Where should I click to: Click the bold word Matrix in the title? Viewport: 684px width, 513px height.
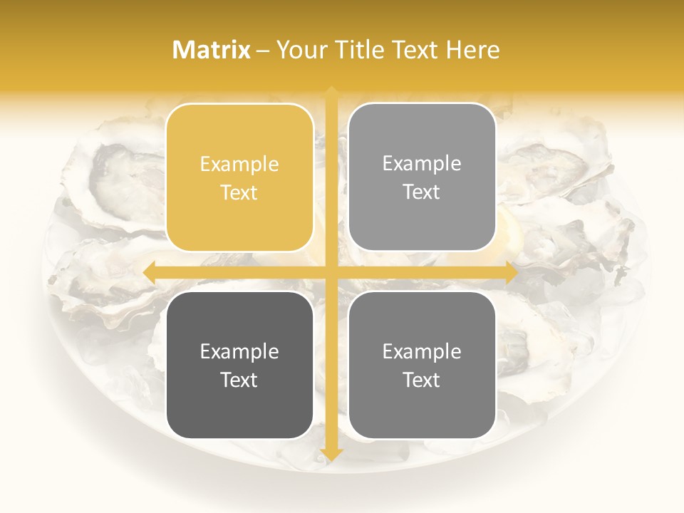pos(212,50)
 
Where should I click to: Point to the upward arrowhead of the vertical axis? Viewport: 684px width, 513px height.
pos(331,93)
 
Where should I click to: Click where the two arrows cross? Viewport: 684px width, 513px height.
pos(331,272)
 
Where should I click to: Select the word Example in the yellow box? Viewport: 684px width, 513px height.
pos(239,165)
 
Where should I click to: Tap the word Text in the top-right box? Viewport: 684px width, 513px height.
pos(422,192)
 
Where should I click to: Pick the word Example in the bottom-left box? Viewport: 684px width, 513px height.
pos(239,351)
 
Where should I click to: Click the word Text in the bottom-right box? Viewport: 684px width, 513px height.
pos(422,380)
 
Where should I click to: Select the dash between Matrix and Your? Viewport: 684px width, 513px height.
pos(264,51)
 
